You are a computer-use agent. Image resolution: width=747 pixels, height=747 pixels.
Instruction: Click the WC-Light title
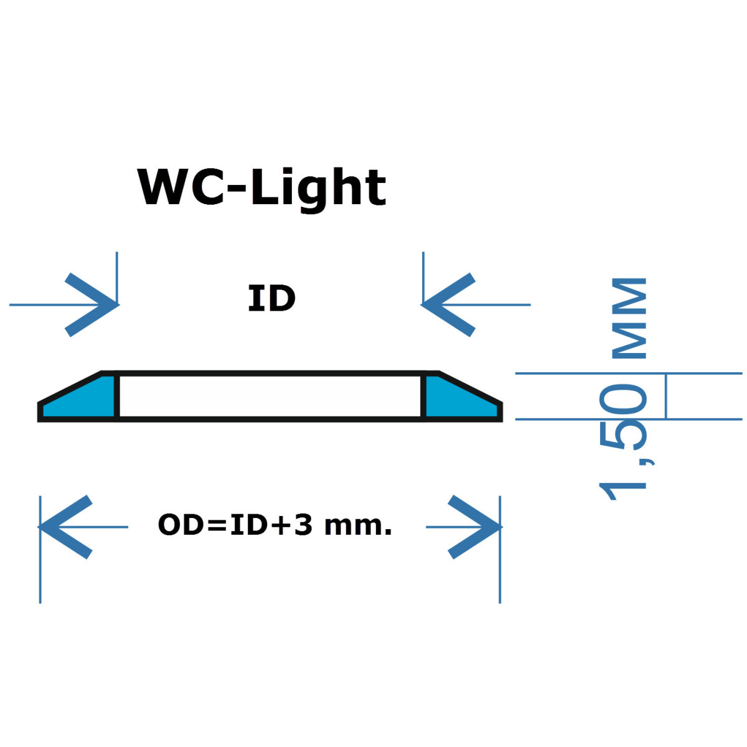(x=261, y=187)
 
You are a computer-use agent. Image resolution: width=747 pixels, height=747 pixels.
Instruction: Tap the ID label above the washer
(x=271, y=299)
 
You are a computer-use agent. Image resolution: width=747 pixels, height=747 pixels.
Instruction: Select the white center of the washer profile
(x=270, y=396)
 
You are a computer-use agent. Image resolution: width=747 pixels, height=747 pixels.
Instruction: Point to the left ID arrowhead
(x=93, y=304)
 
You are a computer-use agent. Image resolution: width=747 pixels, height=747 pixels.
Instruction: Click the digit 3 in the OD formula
(x=303, y=525)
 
